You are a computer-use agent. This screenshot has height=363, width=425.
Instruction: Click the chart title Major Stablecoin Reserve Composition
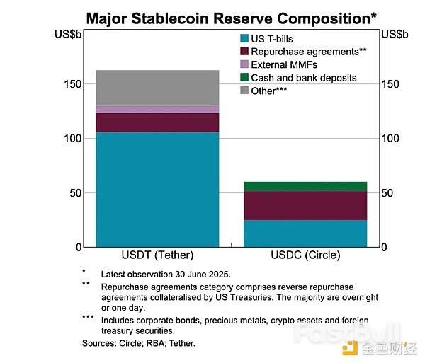(x=231, y=17)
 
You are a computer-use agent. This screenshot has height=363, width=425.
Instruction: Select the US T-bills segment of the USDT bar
(x=157, y=189)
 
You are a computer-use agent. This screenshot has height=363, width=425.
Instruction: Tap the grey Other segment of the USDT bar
(x=157, y=88)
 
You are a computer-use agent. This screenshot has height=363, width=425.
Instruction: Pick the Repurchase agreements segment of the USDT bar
(x=157, y=122)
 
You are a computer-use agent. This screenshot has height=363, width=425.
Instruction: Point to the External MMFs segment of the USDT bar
(x=157, y=109)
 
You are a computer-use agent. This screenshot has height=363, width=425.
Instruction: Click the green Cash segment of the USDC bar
(x=306, y=186)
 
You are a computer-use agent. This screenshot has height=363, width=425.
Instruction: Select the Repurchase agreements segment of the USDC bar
(x=306, y=205)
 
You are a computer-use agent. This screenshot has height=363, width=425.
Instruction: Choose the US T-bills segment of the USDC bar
(x=306, y=234)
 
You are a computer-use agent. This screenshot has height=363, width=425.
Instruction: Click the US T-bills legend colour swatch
(x=244, y=38)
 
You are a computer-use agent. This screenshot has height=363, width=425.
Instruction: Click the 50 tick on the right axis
(x=387, y=192)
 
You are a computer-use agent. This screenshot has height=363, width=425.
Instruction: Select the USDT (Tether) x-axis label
(x=157, y=255)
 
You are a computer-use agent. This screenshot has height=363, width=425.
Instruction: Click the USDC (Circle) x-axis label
(x=306, y=255)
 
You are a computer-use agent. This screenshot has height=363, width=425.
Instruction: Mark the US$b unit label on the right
(x=395, y=34)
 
